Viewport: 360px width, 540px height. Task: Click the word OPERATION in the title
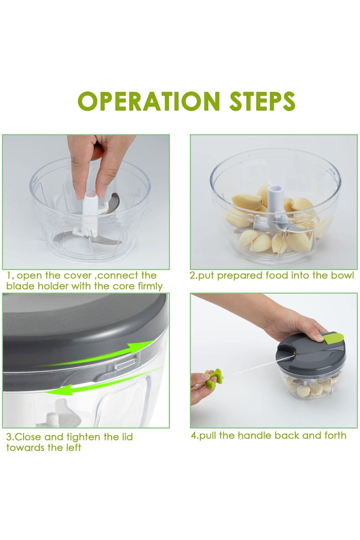(x=149, y=101)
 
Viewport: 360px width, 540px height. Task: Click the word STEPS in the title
(x=262, y=101)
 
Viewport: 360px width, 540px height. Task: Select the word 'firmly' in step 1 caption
(x=150, y=286)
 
